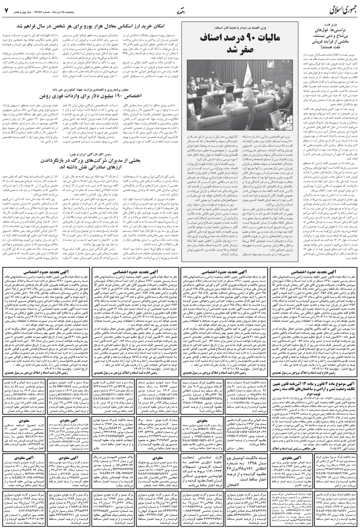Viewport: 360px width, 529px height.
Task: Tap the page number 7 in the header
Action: tap(7, 9)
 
